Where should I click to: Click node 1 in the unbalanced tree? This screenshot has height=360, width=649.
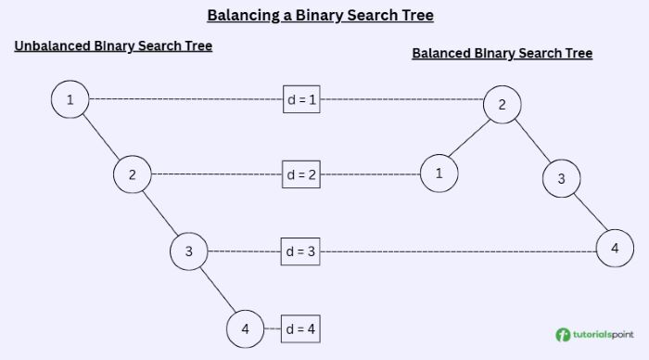(x=70, y=99)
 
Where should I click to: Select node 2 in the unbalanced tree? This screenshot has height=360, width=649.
(x=133, y=174)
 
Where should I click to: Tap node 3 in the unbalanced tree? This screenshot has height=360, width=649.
(x=188, y=251)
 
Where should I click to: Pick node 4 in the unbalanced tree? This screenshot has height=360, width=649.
(x=245, y=328)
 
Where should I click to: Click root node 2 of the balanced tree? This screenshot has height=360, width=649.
(x=502, y=104)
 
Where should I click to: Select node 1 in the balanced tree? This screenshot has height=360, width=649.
(x=439, y=173)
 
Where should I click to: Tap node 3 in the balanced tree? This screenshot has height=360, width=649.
(x=560, y=178)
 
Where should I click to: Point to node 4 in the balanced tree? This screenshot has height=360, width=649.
(x=615, y=249)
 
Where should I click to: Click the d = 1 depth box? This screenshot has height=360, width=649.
(x=301, y=99)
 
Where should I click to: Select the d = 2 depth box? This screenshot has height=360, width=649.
(x=301, y=174)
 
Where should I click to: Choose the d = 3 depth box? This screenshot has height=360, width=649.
(x=301, y=251)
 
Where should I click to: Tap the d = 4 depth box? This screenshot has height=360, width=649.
(x=301, y=328)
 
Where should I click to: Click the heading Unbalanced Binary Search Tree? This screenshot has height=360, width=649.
(x=113, y=45)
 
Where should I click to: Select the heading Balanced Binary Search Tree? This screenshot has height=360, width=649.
(x=502, y=53)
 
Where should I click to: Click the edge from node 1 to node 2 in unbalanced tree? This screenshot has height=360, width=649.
(x=102, y=137)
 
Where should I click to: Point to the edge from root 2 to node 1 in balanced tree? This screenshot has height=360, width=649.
(x=470, y=138)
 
